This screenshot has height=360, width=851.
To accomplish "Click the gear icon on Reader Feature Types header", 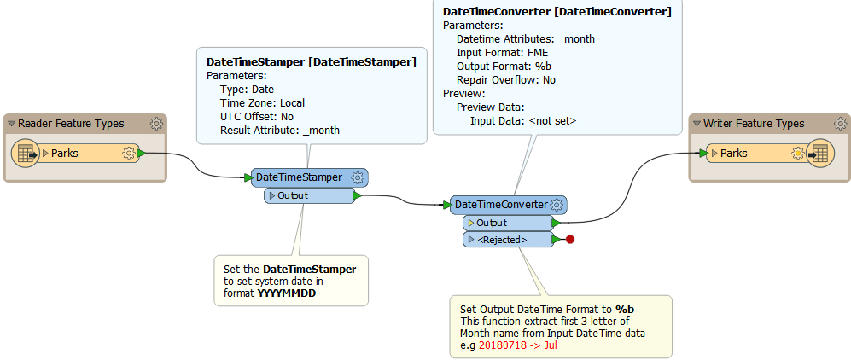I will pos(156,124).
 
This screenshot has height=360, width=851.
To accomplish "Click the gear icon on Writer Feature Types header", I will pos(841,124).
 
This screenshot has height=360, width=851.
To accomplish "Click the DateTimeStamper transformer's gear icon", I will pos(358,177).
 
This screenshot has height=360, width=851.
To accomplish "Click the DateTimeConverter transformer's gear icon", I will pos(557,205).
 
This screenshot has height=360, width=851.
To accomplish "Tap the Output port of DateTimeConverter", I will pos(507,223).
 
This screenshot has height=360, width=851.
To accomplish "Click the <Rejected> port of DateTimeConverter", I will pos(507,240).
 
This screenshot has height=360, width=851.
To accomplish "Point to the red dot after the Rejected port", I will pos(570,240).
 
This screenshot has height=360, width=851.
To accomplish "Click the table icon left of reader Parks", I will pos(26,154).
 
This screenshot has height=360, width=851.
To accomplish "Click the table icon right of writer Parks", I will pos(819,154).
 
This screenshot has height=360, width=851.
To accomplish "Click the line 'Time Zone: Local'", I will pos(262,103).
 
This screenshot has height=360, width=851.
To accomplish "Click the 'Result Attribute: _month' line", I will pos(280,131).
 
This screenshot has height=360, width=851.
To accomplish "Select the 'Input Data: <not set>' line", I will pos(523,121).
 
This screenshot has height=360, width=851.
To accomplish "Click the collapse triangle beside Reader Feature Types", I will pos(11,124).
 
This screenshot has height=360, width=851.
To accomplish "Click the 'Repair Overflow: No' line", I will pos(506,80).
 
